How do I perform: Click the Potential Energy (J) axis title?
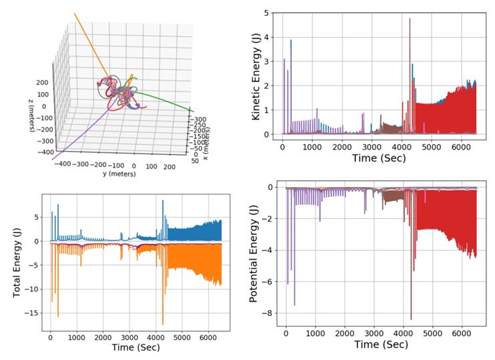[255, 253]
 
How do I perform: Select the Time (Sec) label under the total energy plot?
[136, 349]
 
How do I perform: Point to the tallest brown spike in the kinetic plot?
[409, 19]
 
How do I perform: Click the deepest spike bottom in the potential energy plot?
[411, 319]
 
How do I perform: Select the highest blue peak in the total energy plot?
[163, 201]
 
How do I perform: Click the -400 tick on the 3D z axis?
[46, 152]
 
